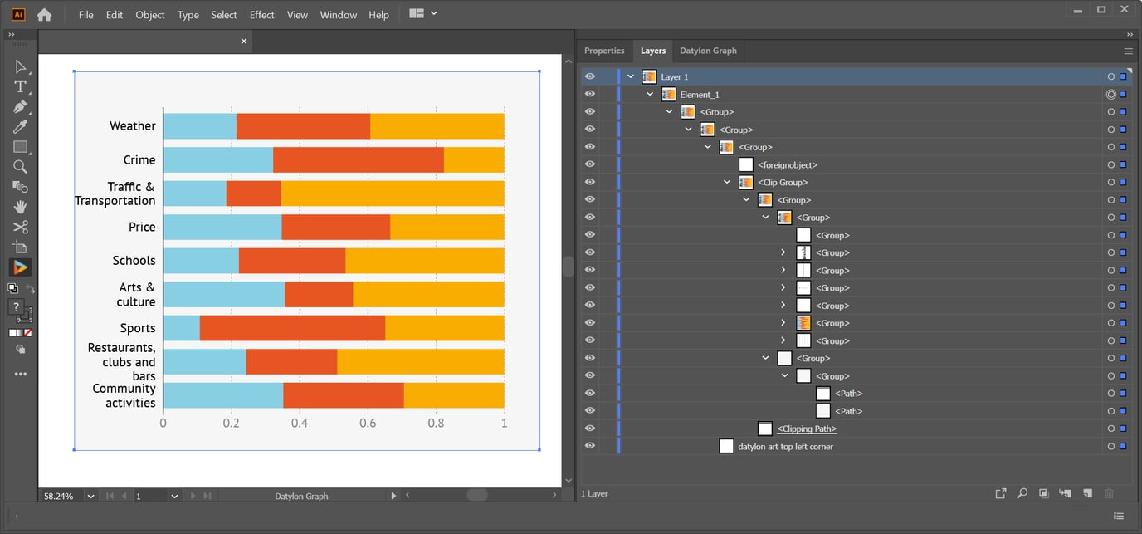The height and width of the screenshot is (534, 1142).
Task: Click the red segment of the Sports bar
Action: [292, 328]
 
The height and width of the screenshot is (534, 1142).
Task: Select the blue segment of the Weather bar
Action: [199, 126]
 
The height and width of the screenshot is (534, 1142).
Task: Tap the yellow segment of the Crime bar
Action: [474, 160]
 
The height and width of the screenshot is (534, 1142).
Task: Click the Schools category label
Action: [134, 261]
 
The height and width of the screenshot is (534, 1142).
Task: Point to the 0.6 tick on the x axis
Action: [368, 423]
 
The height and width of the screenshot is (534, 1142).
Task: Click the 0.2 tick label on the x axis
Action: [231, 423]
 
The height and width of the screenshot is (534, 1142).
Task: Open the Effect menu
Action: [261, 15]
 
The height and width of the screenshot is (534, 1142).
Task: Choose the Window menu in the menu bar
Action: [338, 15]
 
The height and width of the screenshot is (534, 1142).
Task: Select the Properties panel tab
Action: [604, 51]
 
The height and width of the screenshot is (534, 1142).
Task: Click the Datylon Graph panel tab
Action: [708, 51]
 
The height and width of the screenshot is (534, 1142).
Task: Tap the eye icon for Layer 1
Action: [590, 76]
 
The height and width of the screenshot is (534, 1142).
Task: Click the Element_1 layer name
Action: [700, 95]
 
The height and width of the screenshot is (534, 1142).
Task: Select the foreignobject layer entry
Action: [787, 165]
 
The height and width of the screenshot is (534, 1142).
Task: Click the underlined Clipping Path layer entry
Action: [806, 429]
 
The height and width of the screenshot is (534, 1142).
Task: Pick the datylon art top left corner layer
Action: [785, 447]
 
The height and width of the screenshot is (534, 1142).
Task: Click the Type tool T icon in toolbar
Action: [21, 87]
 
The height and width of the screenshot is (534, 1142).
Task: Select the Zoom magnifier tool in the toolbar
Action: [21, 167]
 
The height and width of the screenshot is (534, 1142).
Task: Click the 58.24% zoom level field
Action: [59, 496]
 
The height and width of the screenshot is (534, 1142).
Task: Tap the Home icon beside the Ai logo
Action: [44, 15]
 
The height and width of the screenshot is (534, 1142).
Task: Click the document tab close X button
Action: [244, 41]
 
